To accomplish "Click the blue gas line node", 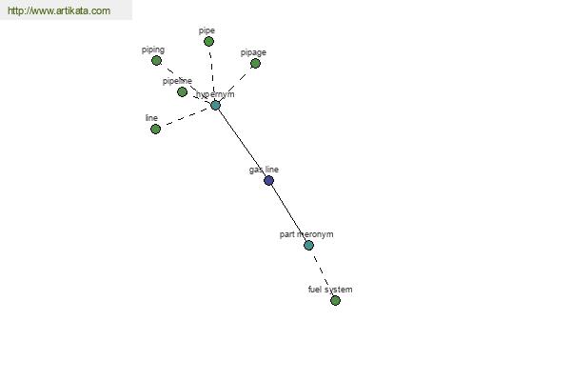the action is coord(268,180).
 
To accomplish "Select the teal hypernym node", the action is coord(216,106).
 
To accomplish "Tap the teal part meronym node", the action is coord(308,245).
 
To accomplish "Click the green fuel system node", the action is coord(335,300).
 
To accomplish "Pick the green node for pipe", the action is coord(208,42).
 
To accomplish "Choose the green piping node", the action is coord(157,61).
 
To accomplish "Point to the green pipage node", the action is coord(255,64).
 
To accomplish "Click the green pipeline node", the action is coord(182,91).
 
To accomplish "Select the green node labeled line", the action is coord(155,130).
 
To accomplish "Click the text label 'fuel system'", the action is coord(330,290).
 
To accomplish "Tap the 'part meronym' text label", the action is coord(306,234).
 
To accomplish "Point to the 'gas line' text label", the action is coord(264,170).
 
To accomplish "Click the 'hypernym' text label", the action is coord(215,95).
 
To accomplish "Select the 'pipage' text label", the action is coord(253,53).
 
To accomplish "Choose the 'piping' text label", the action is coord(153,50).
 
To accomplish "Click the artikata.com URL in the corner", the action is coord(59,10).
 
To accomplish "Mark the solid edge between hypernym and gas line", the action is coord(242,143).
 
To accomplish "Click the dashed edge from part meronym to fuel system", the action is coord(322,272).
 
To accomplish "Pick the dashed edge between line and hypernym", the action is coord(186,117).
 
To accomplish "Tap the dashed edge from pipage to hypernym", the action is coord(235,84).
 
